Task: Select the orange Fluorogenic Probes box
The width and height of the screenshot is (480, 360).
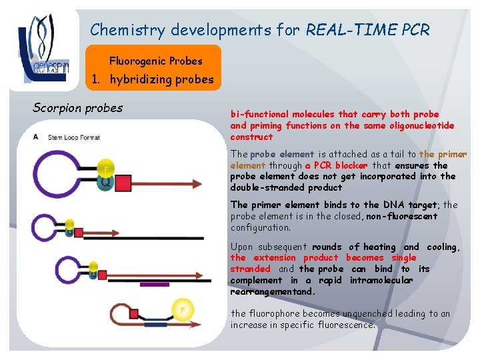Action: coord(155,61)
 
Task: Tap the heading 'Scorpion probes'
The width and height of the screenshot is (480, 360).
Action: coord(77,107)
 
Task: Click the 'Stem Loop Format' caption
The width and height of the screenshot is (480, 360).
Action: coord(74,137)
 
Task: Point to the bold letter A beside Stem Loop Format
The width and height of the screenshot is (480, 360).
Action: coord(36,137)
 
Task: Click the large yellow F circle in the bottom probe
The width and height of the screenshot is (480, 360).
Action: coord(182,310)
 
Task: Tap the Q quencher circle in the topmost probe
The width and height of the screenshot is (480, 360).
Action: coord(105,181)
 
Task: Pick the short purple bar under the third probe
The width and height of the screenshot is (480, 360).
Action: coord(155,284)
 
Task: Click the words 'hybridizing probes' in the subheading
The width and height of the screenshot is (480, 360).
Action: coord(162,80)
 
